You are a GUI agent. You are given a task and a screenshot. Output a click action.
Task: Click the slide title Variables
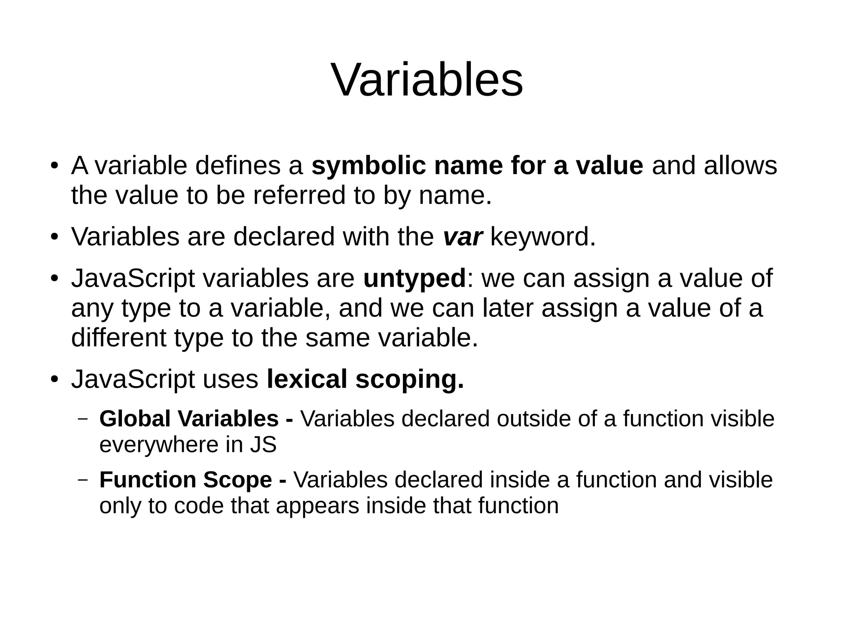(427, 80)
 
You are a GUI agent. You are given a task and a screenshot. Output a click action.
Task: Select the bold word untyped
(414, 279)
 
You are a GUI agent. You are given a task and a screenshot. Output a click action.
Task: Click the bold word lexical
(307, 379)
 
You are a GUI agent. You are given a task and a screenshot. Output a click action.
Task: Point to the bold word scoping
(410, 379)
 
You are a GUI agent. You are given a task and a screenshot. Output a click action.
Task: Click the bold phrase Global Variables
(189, 418)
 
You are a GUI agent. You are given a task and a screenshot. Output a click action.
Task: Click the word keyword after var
(543, 237)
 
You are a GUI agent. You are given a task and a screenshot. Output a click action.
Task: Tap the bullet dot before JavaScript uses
(53, 380)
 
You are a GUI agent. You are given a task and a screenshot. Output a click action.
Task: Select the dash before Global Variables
(83, 418)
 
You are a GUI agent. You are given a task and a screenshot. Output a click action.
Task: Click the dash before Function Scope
(83, 480)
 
